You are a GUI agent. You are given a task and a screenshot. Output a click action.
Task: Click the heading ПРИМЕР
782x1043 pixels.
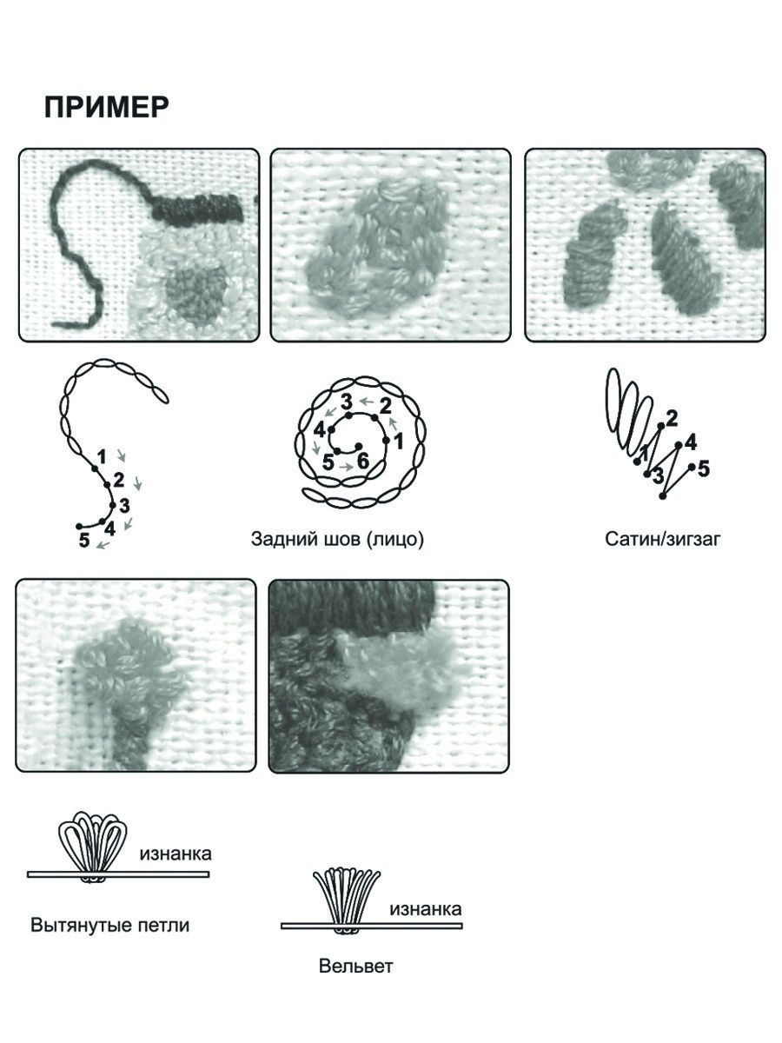tap(106, 108)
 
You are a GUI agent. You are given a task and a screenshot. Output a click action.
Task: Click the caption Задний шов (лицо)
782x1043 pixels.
tap(337, 539)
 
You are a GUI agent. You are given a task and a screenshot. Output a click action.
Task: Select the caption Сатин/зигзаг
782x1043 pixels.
tap(662, 539)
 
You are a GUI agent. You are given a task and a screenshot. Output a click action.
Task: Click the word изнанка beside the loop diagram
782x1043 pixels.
tap(176, 854)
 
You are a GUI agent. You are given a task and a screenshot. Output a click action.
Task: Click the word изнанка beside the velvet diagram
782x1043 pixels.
tap(426, 908)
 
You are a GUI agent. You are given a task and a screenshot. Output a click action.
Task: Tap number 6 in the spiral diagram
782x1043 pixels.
tap(362, 461)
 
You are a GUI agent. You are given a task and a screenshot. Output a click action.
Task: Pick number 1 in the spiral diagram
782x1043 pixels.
tap(398, 442)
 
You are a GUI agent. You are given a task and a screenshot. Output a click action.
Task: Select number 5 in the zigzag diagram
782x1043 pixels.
tap(704, 468)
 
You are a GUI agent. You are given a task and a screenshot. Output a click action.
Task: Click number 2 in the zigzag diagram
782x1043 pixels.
tap(672, 419)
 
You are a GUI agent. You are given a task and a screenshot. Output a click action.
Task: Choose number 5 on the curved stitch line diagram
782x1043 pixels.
tap(84, 540)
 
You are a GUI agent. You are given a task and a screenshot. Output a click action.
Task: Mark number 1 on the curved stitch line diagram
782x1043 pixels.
tap(101, 457)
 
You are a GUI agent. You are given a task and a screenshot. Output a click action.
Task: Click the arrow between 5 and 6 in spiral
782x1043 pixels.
tap(347, 467)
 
